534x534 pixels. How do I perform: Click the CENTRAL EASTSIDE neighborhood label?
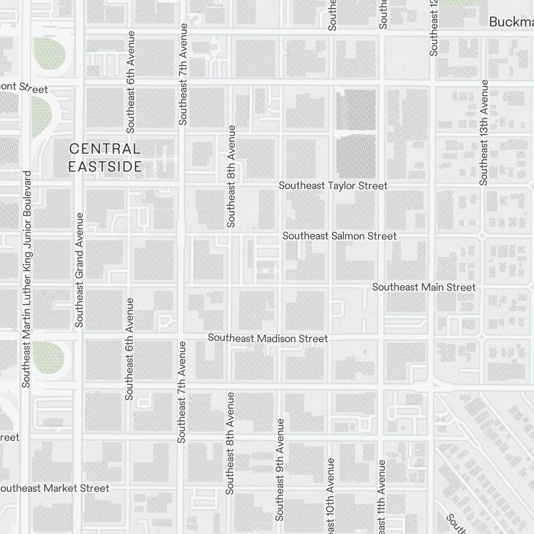(x=105, y=158)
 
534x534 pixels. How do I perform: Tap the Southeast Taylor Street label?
(x=333, y=186)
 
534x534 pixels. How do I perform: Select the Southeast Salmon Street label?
(x=340, y=236)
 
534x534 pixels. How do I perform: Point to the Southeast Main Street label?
(x=423, y=287)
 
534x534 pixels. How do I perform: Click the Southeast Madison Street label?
(x=268, y=338)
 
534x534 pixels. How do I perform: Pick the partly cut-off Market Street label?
(x=54, y=488)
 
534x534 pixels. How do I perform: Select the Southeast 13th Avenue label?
(x=484, y=132)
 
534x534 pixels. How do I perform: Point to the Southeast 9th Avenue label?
(x=279, y=469)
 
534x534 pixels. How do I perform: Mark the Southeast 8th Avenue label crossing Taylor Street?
(x=231, y=176)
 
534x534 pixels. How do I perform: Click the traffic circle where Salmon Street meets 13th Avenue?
(x=482, y=235)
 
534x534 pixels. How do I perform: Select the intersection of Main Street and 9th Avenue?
(x=279, y=287)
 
